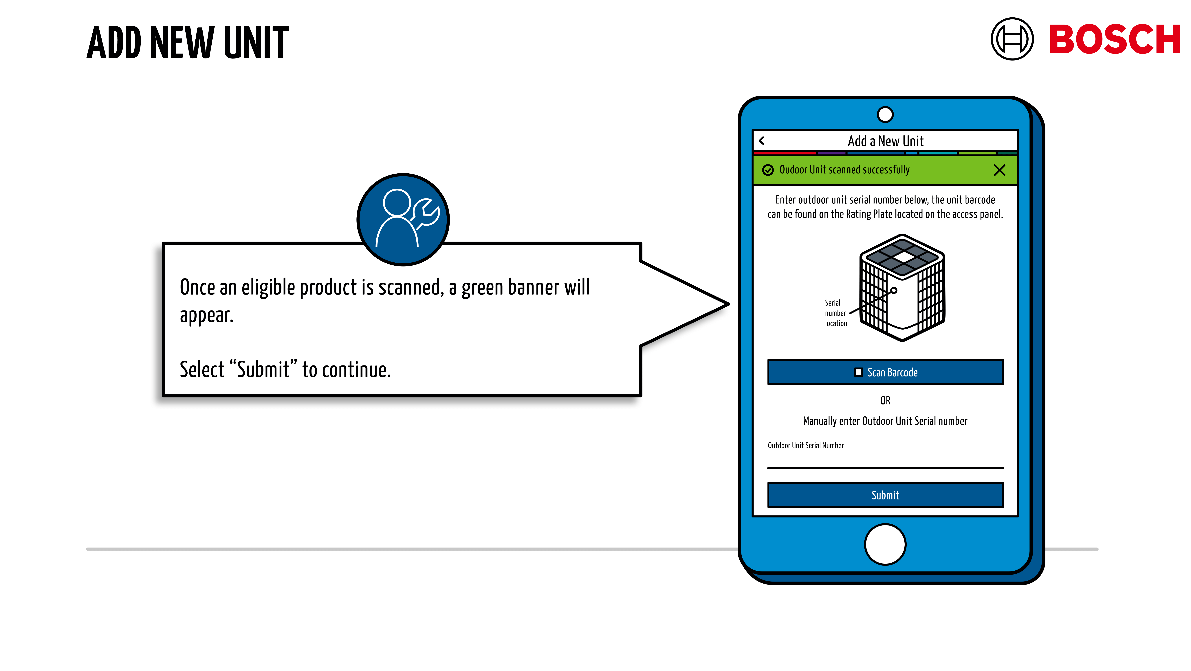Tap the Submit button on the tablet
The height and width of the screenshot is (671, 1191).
885,495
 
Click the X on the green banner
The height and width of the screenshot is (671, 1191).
999,170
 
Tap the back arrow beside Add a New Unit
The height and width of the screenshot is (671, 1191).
761,140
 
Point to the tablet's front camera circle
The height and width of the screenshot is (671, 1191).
885,114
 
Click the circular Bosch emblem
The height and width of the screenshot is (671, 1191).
1012,39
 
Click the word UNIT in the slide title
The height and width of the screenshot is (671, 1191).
257,43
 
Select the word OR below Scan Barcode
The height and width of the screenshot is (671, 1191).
885,400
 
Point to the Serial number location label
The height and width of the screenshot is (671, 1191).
835,313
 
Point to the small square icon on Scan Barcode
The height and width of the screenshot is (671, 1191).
858,372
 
